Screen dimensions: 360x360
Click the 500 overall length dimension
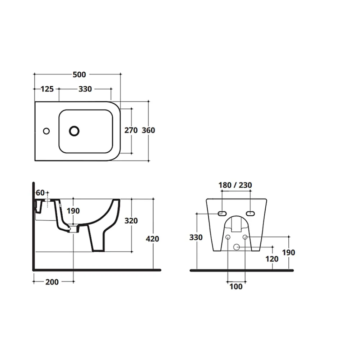(x=79, y=75)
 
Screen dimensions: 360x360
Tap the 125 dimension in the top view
(x=47, y=89)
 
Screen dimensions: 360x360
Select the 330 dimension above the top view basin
(x=85, y=89)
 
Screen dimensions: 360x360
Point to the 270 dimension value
(x=131, y=130)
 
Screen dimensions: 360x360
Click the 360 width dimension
(x=148, y=130)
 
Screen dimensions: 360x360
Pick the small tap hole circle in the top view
(x=46, y=131)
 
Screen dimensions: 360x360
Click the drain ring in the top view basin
(x=74, y=131)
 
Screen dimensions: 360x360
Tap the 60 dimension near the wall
(x=40, y=193)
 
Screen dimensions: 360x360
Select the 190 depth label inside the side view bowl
(x=73, y=211)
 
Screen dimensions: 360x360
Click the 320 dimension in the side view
(x=131, y=221)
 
